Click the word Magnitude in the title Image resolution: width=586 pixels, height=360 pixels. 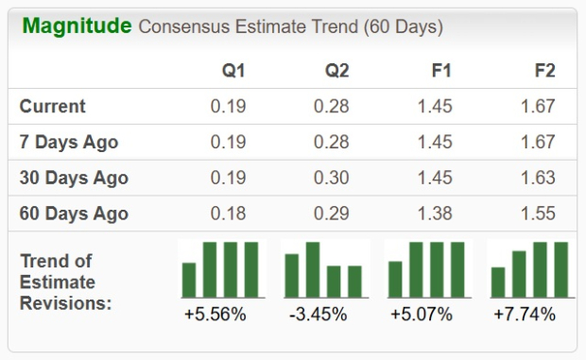[x=77, y=26]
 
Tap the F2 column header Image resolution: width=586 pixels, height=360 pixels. [x=543, y=72]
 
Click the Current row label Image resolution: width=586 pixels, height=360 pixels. [x=53, y=107]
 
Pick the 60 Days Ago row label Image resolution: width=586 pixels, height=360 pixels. [x=74, y=214]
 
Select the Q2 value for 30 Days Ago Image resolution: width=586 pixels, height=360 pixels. [x=331, y=178]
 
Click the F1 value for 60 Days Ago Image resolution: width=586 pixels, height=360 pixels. [x=435, y=214]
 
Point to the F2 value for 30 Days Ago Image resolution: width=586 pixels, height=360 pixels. [x=538, y=178]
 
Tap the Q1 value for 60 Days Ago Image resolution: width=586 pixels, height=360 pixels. [x=228, y=214]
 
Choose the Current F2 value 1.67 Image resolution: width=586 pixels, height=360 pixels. [x=538, y=107]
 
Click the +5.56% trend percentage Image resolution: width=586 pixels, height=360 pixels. [x=216, y=314]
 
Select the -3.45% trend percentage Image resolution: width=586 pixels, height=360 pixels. [x=319, y=314]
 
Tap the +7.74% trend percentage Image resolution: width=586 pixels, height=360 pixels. [x=526, y=314]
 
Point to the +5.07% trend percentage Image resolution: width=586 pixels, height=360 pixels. [x=422, y=314]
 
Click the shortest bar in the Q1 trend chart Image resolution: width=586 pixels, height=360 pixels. [x=189, y=280]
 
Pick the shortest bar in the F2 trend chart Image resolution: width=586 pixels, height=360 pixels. [x=498, y=282]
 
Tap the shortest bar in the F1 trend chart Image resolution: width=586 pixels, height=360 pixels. [x=396, y=279]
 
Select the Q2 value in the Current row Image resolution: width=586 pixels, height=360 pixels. [x=331, y=107]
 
